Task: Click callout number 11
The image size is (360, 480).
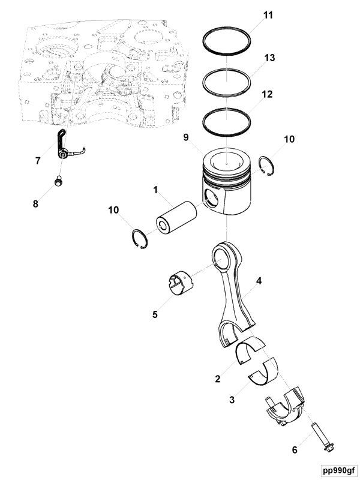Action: click(268, 14)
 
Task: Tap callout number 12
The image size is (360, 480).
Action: click(268, 94)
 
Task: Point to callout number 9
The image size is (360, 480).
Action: click(186, 137)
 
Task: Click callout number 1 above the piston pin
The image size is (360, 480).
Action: click(155, 190)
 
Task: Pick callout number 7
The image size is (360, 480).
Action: click(38, 161)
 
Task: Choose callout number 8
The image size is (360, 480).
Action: click(35, 204)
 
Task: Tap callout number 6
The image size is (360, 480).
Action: click(295, 449)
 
